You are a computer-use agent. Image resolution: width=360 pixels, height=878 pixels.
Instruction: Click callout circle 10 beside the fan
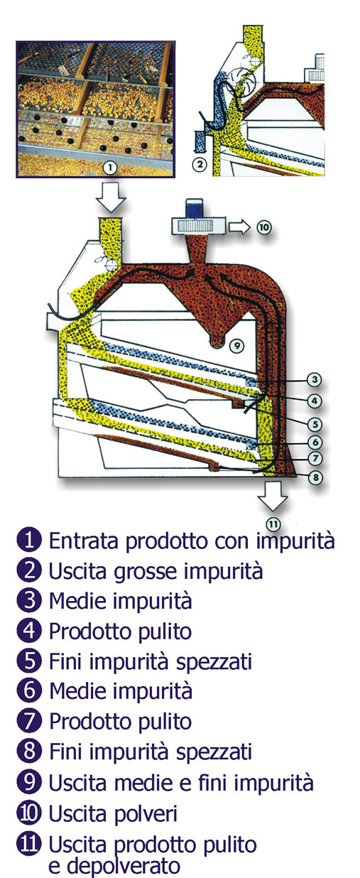pyautogui.click(x=264, y=227)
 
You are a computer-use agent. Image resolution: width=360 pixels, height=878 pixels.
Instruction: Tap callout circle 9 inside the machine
pyautogui.click(x=236, y=346)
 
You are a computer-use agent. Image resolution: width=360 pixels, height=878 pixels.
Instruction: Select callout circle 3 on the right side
pyautogui.click(x=315, y=379)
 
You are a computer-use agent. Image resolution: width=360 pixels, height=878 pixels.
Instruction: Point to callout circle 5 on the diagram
pyautogui.click(x=315, y=424)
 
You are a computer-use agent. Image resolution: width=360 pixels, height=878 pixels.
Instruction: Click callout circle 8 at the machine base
pyautogui.click(x=316, y=477)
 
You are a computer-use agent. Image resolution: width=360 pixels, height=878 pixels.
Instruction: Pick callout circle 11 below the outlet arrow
pyautogui.click(x=273, y=524)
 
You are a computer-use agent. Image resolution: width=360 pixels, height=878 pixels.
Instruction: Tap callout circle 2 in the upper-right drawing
pyautogui.click(x=200, y=164)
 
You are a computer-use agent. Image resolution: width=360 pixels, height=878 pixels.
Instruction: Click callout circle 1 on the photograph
pyautogui.click(x=111, y=168)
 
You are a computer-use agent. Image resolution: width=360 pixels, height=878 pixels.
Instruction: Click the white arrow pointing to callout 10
pyautogui.click(x=239, y=227)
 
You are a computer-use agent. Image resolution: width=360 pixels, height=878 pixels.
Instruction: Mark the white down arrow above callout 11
pyautogui.click(x=273, y=496)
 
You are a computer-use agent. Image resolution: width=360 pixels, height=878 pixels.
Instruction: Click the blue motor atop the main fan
pyautogui.click(x=192, y=210)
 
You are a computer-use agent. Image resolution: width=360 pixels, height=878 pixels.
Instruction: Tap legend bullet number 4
pyautogui.click(x=29, y=631)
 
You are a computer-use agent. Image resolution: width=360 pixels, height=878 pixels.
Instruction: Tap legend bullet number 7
pyautogui.click(x=29, y=722)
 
